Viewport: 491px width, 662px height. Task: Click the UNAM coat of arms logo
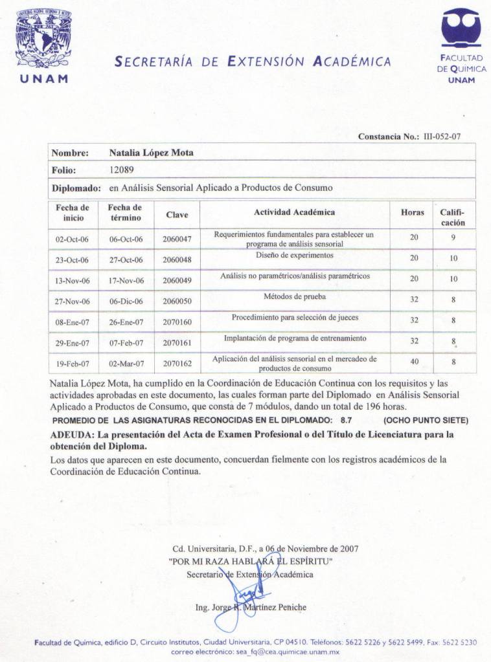[x=43, y=38]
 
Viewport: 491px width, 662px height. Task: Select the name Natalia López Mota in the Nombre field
[x=151, y=153]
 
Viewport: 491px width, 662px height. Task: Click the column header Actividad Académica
[x=294, y=212]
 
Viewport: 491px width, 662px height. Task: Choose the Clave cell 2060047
[x=177, y=239]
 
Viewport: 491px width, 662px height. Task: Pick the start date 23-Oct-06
[x=72, y=258]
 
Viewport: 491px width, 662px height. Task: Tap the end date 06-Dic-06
[x=126, y=301]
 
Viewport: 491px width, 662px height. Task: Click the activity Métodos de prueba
[x=294, y=297]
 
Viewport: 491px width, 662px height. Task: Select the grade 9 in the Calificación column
[x=453, y=237]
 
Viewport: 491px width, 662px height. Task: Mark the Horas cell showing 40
[x=414, y=362]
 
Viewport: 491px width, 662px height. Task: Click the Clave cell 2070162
[x=177, y=363]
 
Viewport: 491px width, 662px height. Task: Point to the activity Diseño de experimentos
[x=294, y=255]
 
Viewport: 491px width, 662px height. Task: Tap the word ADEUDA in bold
[x=71, y=435]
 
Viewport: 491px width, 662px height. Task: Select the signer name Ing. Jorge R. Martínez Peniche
[x=251, y=608]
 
